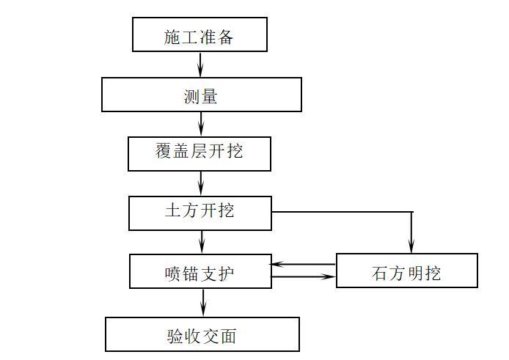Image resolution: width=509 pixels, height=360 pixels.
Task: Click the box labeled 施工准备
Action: coord(199,34)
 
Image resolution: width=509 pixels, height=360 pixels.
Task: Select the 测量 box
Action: coord(201,95)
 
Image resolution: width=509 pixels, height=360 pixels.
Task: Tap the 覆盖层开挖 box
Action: coord(199,153)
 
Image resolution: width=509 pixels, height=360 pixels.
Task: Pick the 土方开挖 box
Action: coord(199,213)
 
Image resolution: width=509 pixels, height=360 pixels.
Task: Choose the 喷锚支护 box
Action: coord(200,271)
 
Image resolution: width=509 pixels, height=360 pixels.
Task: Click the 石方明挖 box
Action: coord(406,271)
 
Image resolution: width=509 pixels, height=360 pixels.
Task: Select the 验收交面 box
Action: coord(202,334)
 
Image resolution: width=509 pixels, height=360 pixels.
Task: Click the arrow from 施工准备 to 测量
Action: coord(200,65)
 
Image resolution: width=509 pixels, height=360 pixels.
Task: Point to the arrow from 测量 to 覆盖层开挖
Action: coord(201,124)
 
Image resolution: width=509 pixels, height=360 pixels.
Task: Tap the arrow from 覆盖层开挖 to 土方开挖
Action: coord(201,183)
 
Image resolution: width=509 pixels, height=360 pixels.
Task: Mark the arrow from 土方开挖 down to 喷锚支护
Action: coord(202,242)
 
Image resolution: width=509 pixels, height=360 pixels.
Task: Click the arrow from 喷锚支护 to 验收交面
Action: coord(202,303)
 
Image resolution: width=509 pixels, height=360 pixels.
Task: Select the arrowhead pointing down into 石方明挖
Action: coord(411,248)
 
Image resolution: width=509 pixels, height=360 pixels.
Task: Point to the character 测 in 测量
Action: coord(191,96)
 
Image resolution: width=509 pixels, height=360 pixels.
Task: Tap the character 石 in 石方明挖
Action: coord(380,273)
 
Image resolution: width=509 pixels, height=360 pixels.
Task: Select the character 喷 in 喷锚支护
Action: coord(173,273)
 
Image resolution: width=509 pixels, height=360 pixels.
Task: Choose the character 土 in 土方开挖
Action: coord(173,211)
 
